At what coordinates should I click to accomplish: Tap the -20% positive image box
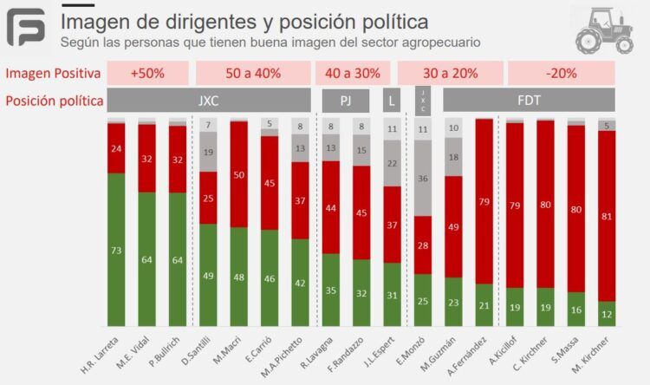point(562,74)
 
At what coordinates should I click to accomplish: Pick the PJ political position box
point(346,101)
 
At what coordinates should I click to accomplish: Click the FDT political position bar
point(529,101)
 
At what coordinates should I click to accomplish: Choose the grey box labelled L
point(392,101)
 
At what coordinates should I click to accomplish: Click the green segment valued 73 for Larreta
point(116,251)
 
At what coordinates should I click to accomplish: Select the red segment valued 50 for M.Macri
point(239,199)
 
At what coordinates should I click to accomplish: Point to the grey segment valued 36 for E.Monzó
point(422,179)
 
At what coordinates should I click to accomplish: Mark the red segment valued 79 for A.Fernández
point(484,201)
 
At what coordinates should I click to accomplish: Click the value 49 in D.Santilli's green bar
point(208,276)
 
